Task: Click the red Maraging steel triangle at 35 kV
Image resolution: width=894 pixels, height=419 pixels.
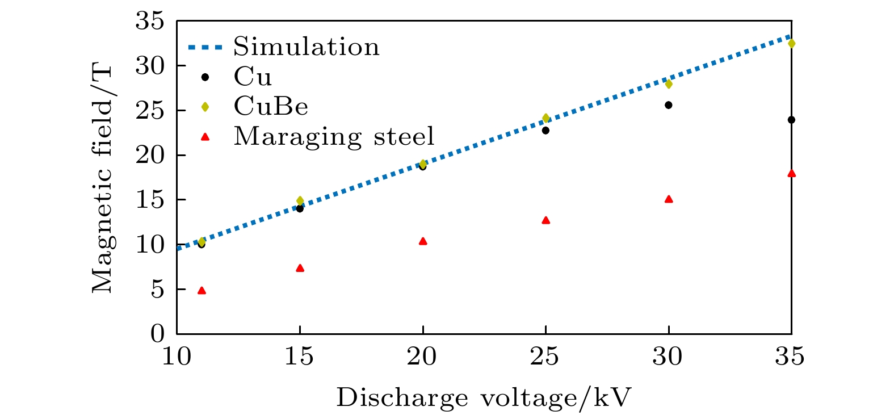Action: point(791,173)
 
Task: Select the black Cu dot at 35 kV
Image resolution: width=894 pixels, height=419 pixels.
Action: point(791,120)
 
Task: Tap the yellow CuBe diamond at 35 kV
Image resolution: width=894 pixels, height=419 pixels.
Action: point(791,44)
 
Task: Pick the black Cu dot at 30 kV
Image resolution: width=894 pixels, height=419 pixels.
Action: point(668,105)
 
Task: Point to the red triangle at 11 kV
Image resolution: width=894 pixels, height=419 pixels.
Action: point(202,291)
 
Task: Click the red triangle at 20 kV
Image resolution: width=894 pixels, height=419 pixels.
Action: point(423,241)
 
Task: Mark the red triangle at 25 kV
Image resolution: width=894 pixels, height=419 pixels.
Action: point(545,220)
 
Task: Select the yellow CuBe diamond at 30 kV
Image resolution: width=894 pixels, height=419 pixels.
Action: point(668,84)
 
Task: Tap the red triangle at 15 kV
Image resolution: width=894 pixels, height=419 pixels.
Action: point(300,268)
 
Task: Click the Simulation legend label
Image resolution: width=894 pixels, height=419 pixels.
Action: point(307,47)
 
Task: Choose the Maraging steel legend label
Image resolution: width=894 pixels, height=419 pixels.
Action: point(334,137)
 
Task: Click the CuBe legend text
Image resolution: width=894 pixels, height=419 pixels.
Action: point(271,107)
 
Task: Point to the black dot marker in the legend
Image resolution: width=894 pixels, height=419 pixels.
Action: point(205,77)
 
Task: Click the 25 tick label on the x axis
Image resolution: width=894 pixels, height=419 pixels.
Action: point(545,357)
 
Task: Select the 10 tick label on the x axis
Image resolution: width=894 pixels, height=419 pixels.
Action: point(177,357)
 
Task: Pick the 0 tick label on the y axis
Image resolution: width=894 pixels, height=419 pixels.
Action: point(157,334)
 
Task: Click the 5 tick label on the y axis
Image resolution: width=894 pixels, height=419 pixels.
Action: point(157,290)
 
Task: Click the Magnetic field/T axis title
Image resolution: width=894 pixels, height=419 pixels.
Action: point(103,179)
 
